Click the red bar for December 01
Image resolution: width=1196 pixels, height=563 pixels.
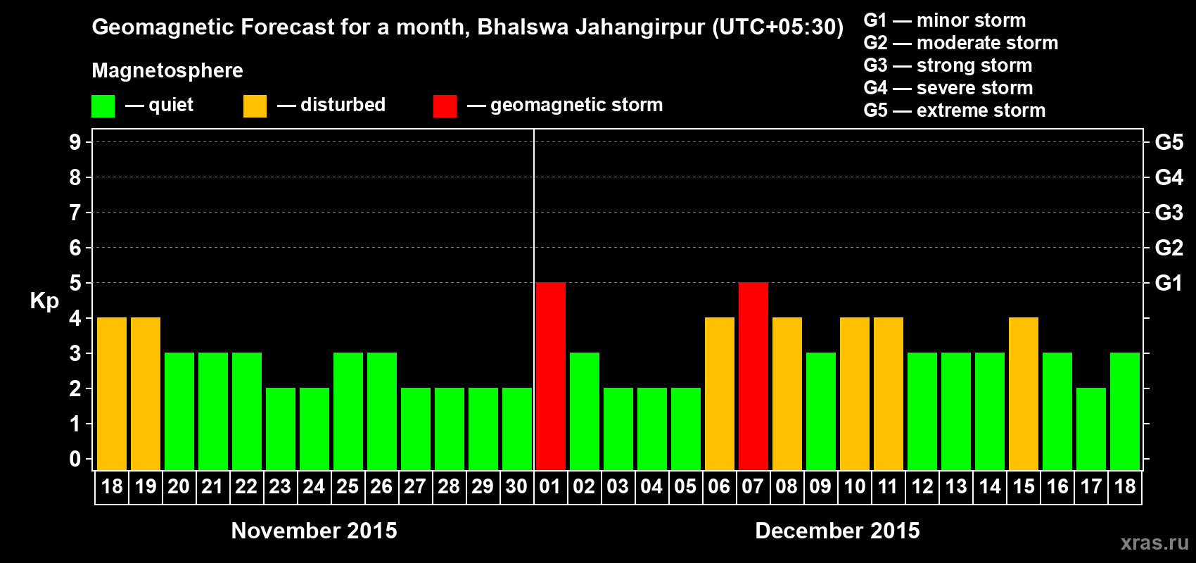coord(550,376)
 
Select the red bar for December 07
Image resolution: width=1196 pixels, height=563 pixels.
coord(753,376)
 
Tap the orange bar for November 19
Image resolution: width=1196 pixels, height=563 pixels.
coord(146,393)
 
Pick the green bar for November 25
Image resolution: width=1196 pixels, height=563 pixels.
coord(348,411)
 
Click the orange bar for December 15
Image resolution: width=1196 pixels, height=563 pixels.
coord(1024,393)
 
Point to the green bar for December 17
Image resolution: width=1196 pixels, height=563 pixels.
coord(1091,429)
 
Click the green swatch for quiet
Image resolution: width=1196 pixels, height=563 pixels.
coord(103,106)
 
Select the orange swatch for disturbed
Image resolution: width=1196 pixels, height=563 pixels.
coord(255,106)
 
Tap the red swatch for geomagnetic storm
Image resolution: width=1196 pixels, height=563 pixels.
coord(445,106)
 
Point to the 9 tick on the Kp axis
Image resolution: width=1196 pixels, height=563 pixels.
coord(75,142)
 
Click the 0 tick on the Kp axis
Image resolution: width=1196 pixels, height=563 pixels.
coord(75,460)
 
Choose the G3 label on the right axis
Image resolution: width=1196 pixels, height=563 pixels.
coord(1169,213)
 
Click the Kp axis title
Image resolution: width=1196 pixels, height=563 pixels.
coord(44,301)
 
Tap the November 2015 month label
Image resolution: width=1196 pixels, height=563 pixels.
coord(314,531)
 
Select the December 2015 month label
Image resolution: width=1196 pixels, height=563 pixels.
coord(837,531)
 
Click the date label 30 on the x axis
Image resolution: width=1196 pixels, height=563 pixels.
coord(516,486)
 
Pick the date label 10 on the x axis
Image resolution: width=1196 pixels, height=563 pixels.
coord(854,486)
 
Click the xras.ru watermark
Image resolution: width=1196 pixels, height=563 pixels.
coord(1154,542)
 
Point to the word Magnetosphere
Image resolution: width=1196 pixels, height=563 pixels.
coord(167,70)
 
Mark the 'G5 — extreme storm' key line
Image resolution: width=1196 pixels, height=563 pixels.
coord(955,110)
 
